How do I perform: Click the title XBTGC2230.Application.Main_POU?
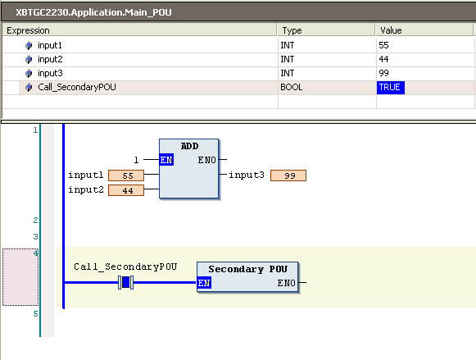click(93, 12)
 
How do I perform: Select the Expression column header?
click(28, 30)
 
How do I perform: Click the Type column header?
click(292, 30)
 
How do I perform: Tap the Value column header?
click(391, 30)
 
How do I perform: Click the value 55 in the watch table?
click(383, 45)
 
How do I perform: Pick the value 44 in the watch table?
click(383, 59)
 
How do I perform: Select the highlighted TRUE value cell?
click(391, 88)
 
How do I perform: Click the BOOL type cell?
click(291, 87)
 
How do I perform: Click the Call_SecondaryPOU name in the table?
click(77, 87)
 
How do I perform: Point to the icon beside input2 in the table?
click(29, 59)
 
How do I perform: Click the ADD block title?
click(190, 146)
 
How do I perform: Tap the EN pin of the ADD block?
click(166, 159)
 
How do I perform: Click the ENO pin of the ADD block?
click(206, 160)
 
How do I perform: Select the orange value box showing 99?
click(288, 175)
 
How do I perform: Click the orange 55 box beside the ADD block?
click(126, 175)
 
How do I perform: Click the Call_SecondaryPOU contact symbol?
click(125, 283)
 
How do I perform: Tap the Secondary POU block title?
click(247, 269)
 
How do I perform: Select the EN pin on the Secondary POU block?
click(204, 283)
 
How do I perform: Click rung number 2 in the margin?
click(35, 220)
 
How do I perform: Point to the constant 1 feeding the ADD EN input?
click(136, 160)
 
